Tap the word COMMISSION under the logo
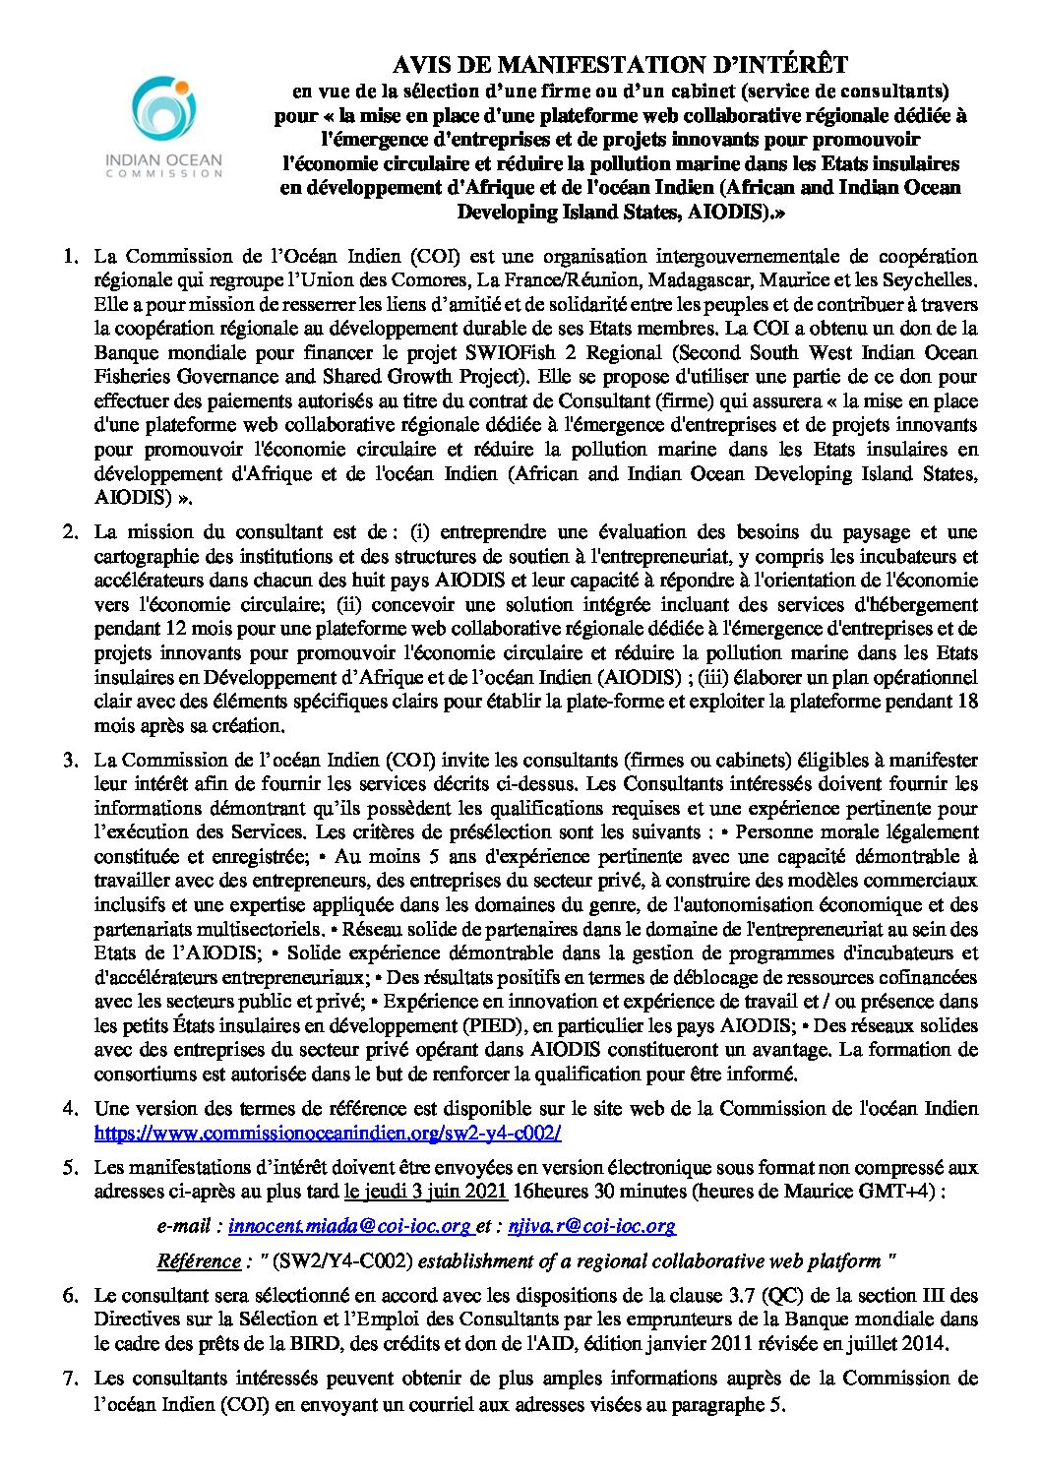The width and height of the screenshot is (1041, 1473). click(x=164, y=173)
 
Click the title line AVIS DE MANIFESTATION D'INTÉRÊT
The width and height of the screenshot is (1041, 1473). click(x=620, y=65)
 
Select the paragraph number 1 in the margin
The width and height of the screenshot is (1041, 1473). click(x=70, y=256)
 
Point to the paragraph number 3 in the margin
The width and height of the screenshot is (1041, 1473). click(x=70, y=760)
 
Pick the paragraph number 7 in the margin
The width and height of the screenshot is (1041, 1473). click(x=70, y=1378)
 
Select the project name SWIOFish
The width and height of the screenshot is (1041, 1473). click(x=598, y=352)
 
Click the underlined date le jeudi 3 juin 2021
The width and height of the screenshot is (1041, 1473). click(x=425, y=1192)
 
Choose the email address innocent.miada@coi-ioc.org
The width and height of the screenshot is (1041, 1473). click(x=349, y=1226)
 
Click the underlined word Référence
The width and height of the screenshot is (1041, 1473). click(x=199, y=1260)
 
